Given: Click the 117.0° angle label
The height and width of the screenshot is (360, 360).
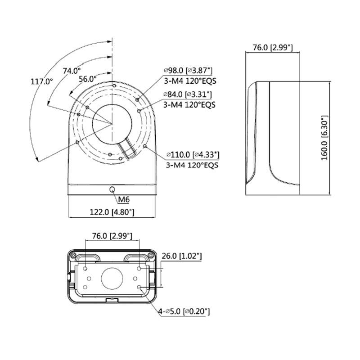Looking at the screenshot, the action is [42, 81].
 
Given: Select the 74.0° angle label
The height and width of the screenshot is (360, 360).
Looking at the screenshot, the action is [72, 71].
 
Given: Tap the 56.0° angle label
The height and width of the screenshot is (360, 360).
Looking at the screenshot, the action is [88, 79].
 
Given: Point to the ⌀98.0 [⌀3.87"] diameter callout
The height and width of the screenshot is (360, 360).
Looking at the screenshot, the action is [188, 71].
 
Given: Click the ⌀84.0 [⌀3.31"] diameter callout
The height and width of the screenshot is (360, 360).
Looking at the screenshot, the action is [188, 94].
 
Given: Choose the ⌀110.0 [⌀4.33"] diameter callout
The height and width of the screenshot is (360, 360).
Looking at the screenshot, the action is [193, 155].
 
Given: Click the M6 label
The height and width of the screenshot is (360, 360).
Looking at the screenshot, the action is [124, 199].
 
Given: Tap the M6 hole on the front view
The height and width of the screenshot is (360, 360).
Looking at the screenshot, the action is [112, 189].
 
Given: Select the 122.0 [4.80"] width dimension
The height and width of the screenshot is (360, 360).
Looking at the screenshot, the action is [112, 212].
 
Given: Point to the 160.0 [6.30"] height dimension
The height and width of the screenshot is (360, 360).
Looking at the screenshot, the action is [324, 138].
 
